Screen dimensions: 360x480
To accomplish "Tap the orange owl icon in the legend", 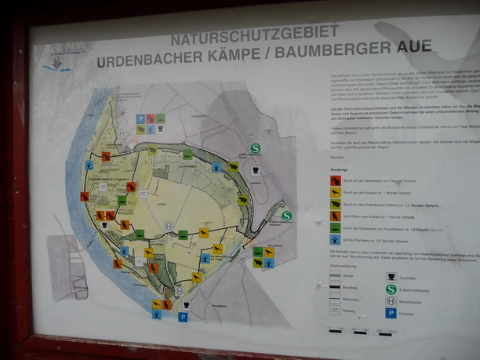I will tap(335, 216).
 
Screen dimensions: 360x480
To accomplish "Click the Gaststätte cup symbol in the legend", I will tap(391, 276).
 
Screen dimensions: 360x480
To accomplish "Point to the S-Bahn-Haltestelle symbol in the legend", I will tap(391, 288).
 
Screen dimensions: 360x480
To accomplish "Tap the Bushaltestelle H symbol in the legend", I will tap(391, 300).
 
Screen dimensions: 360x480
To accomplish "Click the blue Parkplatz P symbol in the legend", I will tap(391, 312).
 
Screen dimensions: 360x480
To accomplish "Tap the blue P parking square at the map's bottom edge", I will tap(183, 317).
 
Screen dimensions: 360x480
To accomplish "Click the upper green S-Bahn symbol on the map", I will tap(255, 147).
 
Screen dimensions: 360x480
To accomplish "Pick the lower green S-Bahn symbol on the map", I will tap(286, 216).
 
